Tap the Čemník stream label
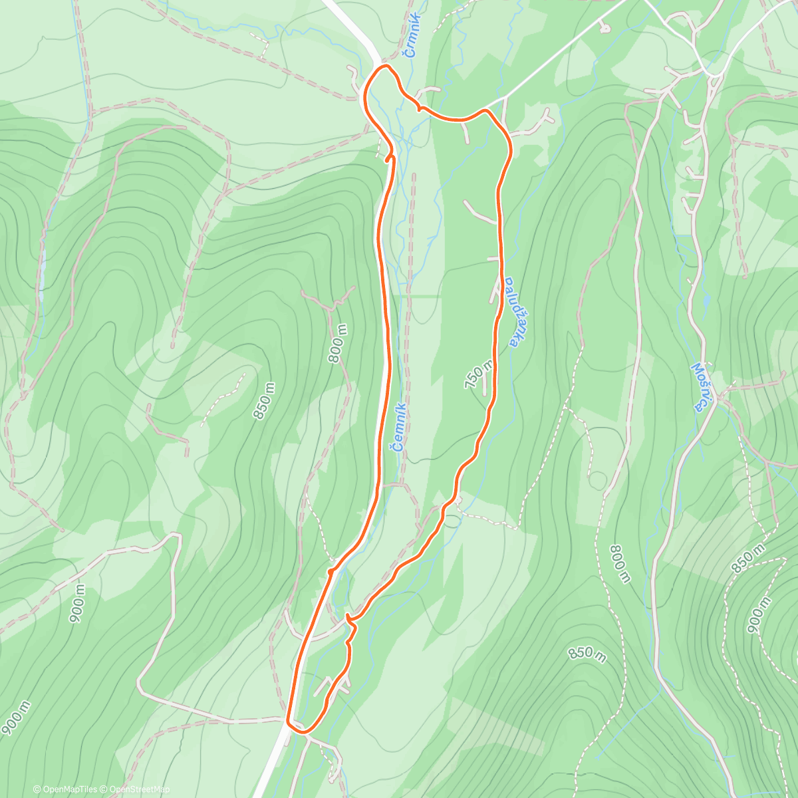[x=398, y=427]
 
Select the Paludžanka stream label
[x=511, y=312]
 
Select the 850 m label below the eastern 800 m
[x=587, y=655]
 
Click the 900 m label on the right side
[x=759, y=614]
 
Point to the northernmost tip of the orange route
[x=384, y=66]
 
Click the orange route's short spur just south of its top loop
[x=388, y=157]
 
